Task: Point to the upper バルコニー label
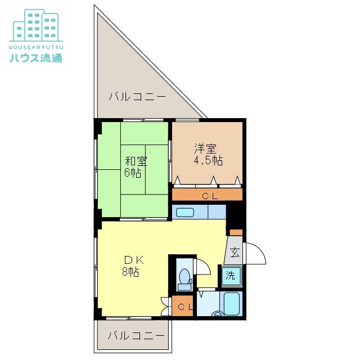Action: point(137,97)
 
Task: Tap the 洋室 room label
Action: point(206,149)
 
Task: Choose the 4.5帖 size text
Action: point(208,160)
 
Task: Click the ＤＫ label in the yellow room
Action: point(134,260)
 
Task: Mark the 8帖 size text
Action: point(131,272)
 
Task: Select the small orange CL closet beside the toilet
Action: point(183,307)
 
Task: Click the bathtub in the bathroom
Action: point(232,304)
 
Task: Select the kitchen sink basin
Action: point(185,213)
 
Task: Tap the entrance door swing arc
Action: point(256,253)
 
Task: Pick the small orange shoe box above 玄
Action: point(236,232)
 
